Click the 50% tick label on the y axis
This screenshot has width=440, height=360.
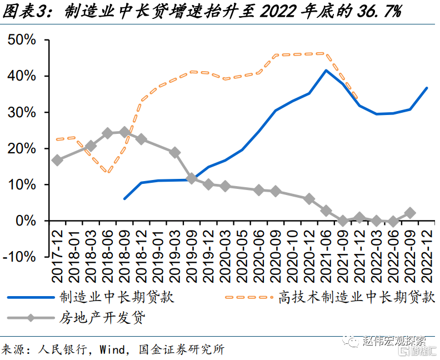tap(22, 40)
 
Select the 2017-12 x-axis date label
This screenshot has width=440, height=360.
tap(57, 247)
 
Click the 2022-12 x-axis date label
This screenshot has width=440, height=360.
tap(427, 247)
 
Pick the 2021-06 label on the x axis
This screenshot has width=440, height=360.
tap(326, 247)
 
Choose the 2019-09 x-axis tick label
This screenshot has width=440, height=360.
tap(192, 247)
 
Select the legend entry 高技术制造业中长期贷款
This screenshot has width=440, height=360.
tap(356, 297)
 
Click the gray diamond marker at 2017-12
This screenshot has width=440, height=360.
tap(57, 160)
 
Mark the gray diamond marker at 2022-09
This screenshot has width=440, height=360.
tap(409, 213)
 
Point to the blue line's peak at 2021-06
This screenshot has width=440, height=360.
tap(326, 71)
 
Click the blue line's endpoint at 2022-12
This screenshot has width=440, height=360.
tap(427, 88)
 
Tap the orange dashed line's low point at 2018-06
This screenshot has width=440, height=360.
tap(108, 172)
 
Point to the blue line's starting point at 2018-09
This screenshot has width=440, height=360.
tap(124, 198)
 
